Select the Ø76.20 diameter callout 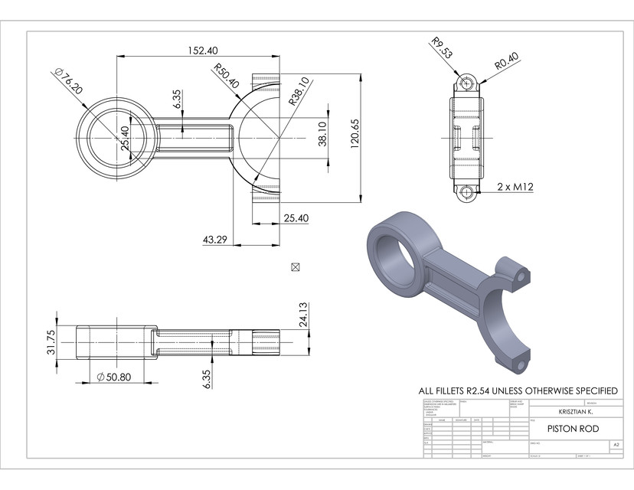67,80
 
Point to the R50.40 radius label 226,75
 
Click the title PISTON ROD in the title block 573,429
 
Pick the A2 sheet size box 615,444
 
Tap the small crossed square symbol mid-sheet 296,266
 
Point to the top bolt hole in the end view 465,82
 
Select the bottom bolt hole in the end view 465,192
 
